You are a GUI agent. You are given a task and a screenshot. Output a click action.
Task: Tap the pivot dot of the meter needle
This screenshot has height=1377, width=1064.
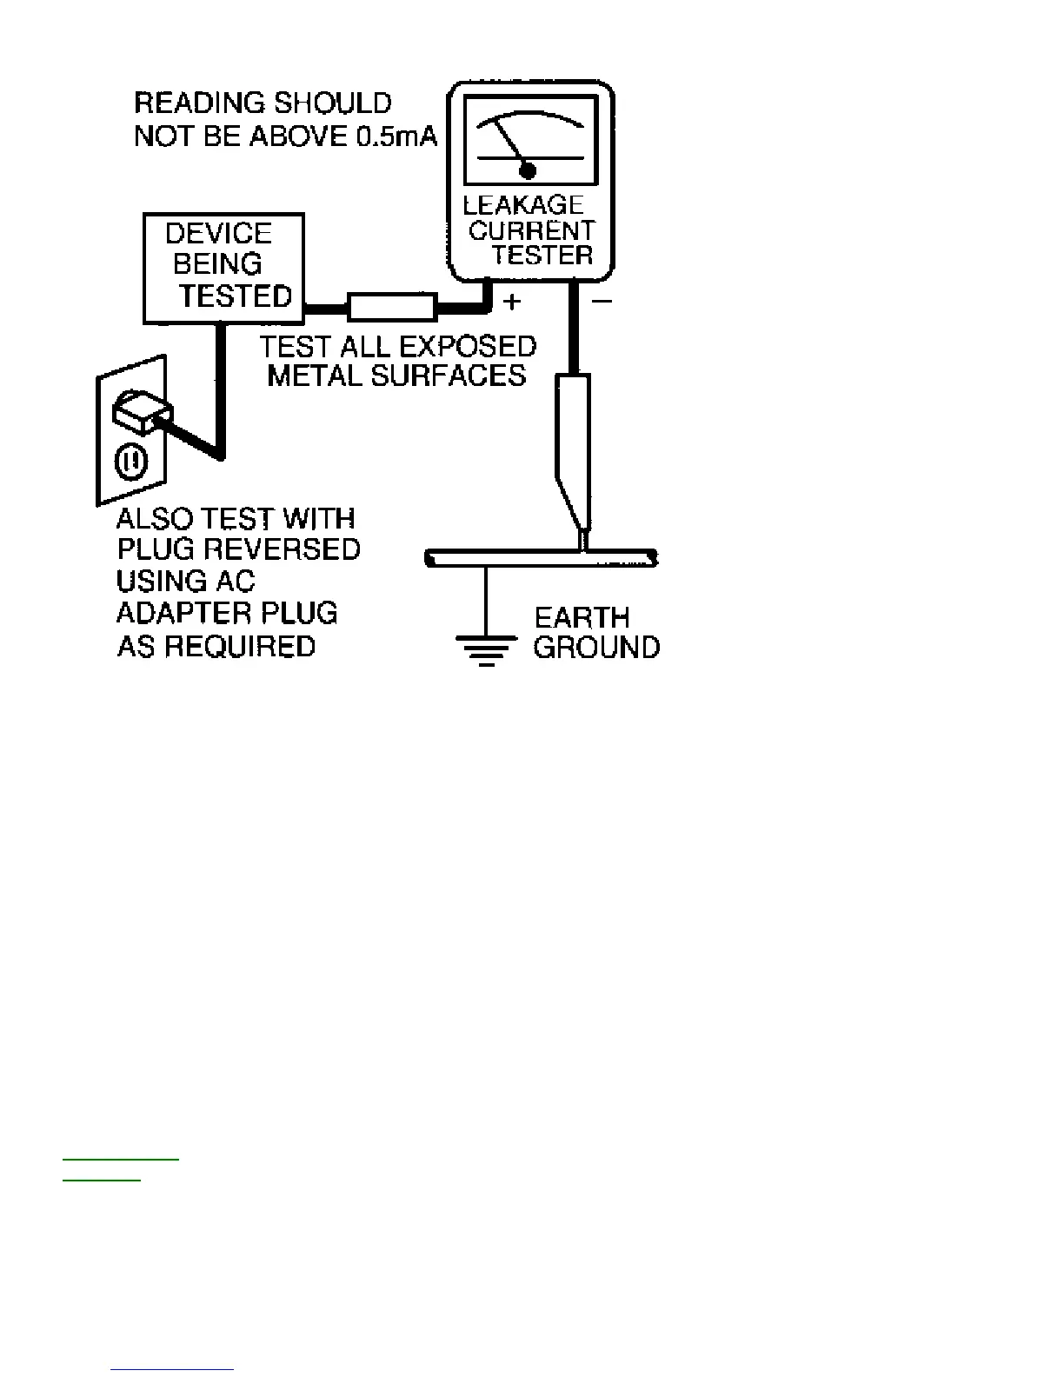click(x=528, y=170)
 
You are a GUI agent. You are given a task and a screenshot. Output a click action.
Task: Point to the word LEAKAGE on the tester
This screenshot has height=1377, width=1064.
click(x=523, y=205)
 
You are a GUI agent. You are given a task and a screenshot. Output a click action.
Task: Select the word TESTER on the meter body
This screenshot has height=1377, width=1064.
click(x=542, y=255)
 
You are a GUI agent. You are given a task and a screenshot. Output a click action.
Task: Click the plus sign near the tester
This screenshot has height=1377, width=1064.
click(x=512, y=302)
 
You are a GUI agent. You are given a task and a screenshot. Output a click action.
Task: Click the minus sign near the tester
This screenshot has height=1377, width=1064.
click(x=602, y=302)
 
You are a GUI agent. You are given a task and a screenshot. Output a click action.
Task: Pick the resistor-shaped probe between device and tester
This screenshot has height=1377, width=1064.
click(x=392, y=307)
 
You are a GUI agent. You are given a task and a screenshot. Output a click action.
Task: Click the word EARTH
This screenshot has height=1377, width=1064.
click(x=582, y=618)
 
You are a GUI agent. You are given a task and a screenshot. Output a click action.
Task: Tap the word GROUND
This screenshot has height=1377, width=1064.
click(x=596, y=648)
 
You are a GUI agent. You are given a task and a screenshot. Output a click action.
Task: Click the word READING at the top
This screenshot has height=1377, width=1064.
click(x=190, y=103)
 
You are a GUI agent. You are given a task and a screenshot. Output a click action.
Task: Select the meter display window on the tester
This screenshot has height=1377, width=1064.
click(x=531, y=141)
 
